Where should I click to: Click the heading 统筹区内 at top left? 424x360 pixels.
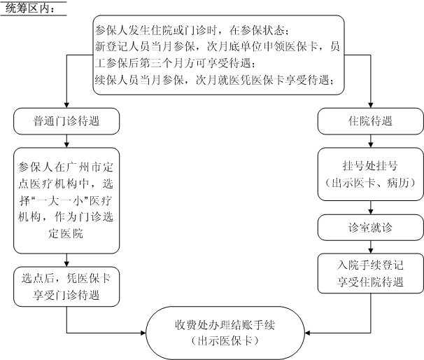pyautogui.click(x=30, y=8)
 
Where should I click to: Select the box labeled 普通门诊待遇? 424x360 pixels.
pyautogui.click(x=66, y=121)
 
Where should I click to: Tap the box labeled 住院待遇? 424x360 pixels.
pyautogui.click(x=370, y=121)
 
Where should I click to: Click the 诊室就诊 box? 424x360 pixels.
pyautogui.click(x=370, y=228)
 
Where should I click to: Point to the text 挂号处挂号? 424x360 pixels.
pyautogui.click(x=370, y=166)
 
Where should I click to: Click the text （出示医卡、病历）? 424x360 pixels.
pyautogui.click(x=370, y=183)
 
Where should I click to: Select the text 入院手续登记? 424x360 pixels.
pyautogui.click(x=370, y=265)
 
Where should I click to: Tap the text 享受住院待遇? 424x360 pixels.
pyautogui.click(x=370, y=282)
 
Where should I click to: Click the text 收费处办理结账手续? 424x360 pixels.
pyautogui.click(x=225, y=325)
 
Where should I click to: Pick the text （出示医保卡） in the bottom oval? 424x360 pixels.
pyautogui.click(x=225, y=340)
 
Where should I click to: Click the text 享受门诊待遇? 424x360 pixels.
pyautogui.click(x=66, y=295)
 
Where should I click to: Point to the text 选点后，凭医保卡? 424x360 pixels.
pyautogui.click(x=66, y=278)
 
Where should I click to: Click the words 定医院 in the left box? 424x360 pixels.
pyautogui.click(x=66, y=233)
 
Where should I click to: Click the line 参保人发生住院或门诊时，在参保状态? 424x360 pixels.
pyautogui.click(x=192, y=30)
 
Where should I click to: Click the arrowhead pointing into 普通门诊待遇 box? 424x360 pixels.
pyautogui.click(x=66, y=105)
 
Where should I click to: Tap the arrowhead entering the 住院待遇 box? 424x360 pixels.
pyautogui.click(x=371, y=105)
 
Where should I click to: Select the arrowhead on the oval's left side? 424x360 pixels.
pyautogui.click(x=143, y=333)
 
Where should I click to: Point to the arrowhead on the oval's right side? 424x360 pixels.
pyautogui.click(x=307, y=333)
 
